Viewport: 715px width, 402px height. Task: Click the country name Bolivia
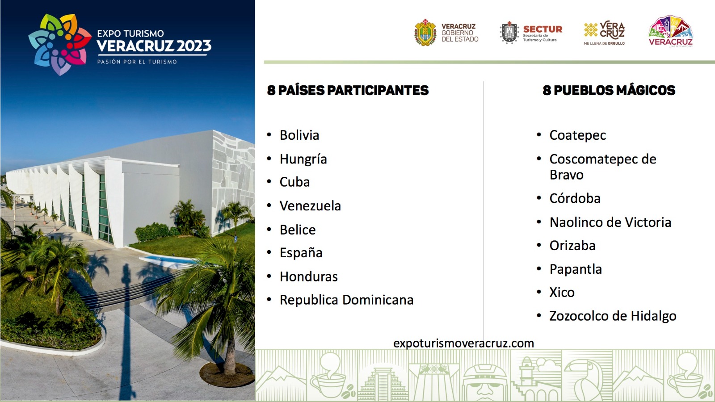[x=299, y=135]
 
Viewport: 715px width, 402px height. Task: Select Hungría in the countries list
[x=303, y=159]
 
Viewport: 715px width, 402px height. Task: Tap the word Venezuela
[x=310, y=206]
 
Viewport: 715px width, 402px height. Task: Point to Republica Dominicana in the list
[x=347, y=300]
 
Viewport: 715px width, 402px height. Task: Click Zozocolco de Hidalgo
[x=613, y=316]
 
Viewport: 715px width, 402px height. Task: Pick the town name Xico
[x=562, y=293]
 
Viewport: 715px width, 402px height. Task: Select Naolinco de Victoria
[x=610, y=222]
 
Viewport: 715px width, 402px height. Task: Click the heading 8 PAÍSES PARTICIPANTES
[x=348, y=90]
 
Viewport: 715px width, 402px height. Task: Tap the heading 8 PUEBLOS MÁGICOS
[x=609, y=90]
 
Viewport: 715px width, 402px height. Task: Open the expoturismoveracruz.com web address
[x=463, y=343]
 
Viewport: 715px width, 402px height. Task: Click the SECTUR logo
[x=531, y=33]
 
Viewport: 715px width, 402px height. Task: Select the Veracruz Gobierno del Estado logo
[x=446, y=33]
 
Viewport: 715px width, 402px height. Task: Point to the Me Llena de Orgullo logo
[x=604, y=33]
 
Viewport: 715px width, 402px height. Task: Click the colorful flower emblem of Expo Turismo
[x=60, y=44]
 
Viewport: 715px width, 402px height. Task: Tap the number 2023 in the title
[x=194, y=46]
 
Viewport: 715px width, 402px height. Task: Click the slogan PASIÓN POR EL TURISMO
[x=137, y=62]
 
